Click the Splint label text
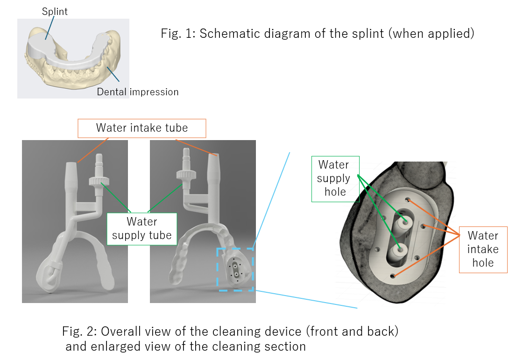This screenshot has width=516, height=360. pos(55,12)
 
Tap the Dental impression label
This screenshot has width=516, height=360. pos(137,92)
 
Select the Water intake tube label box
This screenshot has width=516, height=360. pos(142,128)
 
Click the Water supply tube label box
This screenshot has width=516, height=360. pos(141,229)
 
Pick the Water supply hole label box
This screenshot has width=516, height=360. pos(335,178)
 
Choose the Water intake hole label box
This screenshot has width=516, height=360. pos(482,249)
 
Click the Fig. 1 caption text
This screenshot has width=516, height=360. pos(317,34)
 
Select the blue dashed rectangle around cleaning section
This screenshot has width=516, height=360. pos(235,270)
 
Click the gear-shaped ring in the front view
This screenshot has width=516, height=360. pos(98,180)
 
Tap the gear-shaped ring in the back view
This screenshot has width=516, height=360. pos(186,175)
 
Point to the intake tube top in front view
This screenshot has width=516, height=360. pos(71,166)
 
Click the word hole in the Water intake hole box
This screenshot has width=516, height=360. pos(482,263)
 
